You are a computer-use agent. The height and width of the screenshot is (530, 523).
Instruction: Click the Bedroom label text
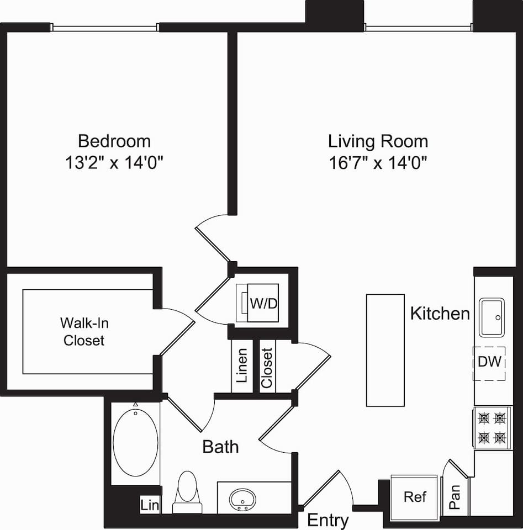click(114, 141)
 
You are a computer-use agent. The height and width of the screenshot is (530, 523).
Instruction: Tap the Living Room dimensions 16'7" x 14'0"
click(378, 163)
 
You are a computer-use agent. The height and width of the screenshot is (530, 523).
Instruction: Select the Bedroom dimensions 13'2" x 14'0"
click(114, 163)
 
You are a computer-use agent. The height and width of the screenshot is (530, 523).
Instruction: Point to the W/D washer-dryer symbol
click(258, 303)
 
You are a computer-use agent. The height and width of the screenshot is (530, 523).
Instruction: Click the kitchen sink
click(492, 317)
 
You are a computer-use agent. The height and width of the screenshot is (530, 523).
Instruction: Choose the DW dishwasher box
click(489, 363)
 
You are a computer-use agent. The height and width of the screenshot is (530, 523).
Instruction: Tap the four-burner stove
click(492, 427)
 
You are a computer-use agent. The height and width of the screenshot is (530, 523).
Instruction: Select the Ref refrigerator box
click(415, 497)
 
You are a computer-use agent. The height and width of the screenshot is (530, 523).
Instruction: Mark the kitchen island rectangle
click(385, 350)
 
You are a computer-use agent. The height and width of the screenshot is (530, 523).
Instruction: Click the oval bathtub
click(135, 441)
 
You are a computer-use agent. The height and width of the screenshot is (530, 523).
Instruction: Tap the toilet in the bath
click(188, 491)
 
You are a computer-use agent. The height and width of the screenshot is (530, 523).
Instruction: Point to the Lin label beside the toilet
click(149, 505)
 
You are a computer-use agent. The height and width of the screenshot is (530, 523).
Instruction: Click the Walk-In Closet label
click(83, 331)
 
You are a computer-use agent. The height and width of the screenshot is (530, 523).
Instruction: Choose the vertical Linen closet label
click(242, 366)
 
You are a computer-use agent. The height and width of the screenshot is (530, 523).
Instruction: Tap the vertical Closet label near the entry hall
click(267, 367)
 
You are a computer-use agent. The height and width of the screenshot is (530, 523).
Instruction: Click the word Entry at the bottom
click(327, 520)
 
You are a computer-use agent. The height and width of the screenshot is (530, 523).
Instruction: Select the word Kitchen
click(440, 314)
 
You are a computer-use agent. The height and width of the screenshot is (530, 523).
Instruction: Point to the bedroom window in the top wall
click(105, 27)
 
